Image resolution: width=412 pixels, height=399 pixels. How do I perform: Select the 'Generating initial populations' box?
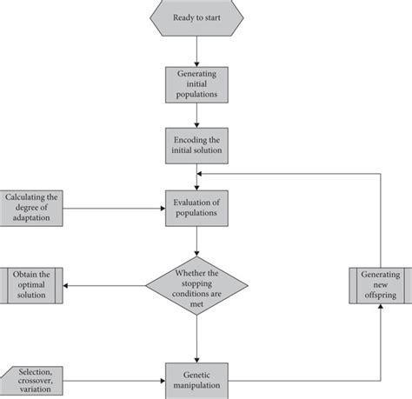196,84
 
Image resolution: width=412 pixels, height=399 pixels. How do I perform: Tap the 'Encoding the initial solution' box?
196,146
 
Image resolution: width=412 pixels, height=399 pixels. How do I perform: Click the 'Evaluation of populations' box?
196,209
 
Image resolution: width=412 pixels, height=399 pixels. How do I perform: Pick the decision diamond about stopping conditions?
196,286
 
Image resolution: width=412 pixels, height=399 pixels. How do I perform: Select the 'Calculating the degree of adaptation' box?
32,209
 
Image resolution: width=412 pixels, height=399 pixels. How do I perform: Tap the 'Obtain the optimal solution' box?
32,286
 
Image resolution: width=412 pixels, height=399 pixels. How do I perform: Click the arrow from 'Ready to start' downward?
196,52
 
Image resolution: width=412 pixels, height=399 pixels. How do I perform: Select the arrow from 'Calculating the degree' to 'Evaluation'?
113,209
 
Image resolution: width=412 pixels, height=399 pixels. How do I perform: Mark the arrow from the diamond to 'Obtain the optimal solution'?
104,286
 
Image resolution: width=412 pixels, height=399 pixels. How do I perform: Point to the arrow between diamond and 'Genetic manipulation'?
196,339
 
